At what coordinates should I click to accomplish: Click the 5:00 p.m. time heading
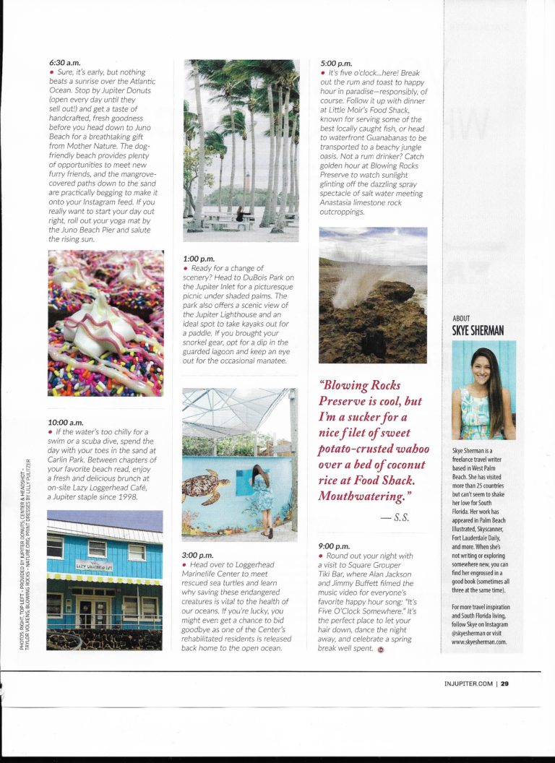335,64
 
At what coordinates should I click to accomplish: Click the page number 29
504,685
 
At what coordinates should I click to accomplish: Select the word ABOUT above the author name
461,319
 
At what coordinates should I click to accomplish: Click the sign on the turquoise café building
94,565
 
